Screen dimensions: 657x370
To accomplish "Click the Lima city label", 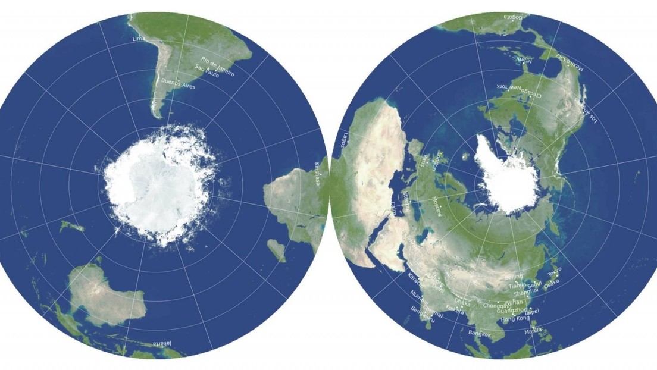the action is (139, 39).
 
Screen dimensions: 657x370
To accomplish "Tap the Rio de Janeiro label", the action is (218, 66).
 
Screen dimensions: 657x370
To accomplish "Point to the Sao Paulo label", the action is (209, 73).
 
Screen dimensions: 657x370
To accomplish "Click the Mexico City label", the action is (570, 62).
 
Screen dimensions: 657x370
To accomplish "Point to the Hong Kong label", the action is (515, 319).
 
